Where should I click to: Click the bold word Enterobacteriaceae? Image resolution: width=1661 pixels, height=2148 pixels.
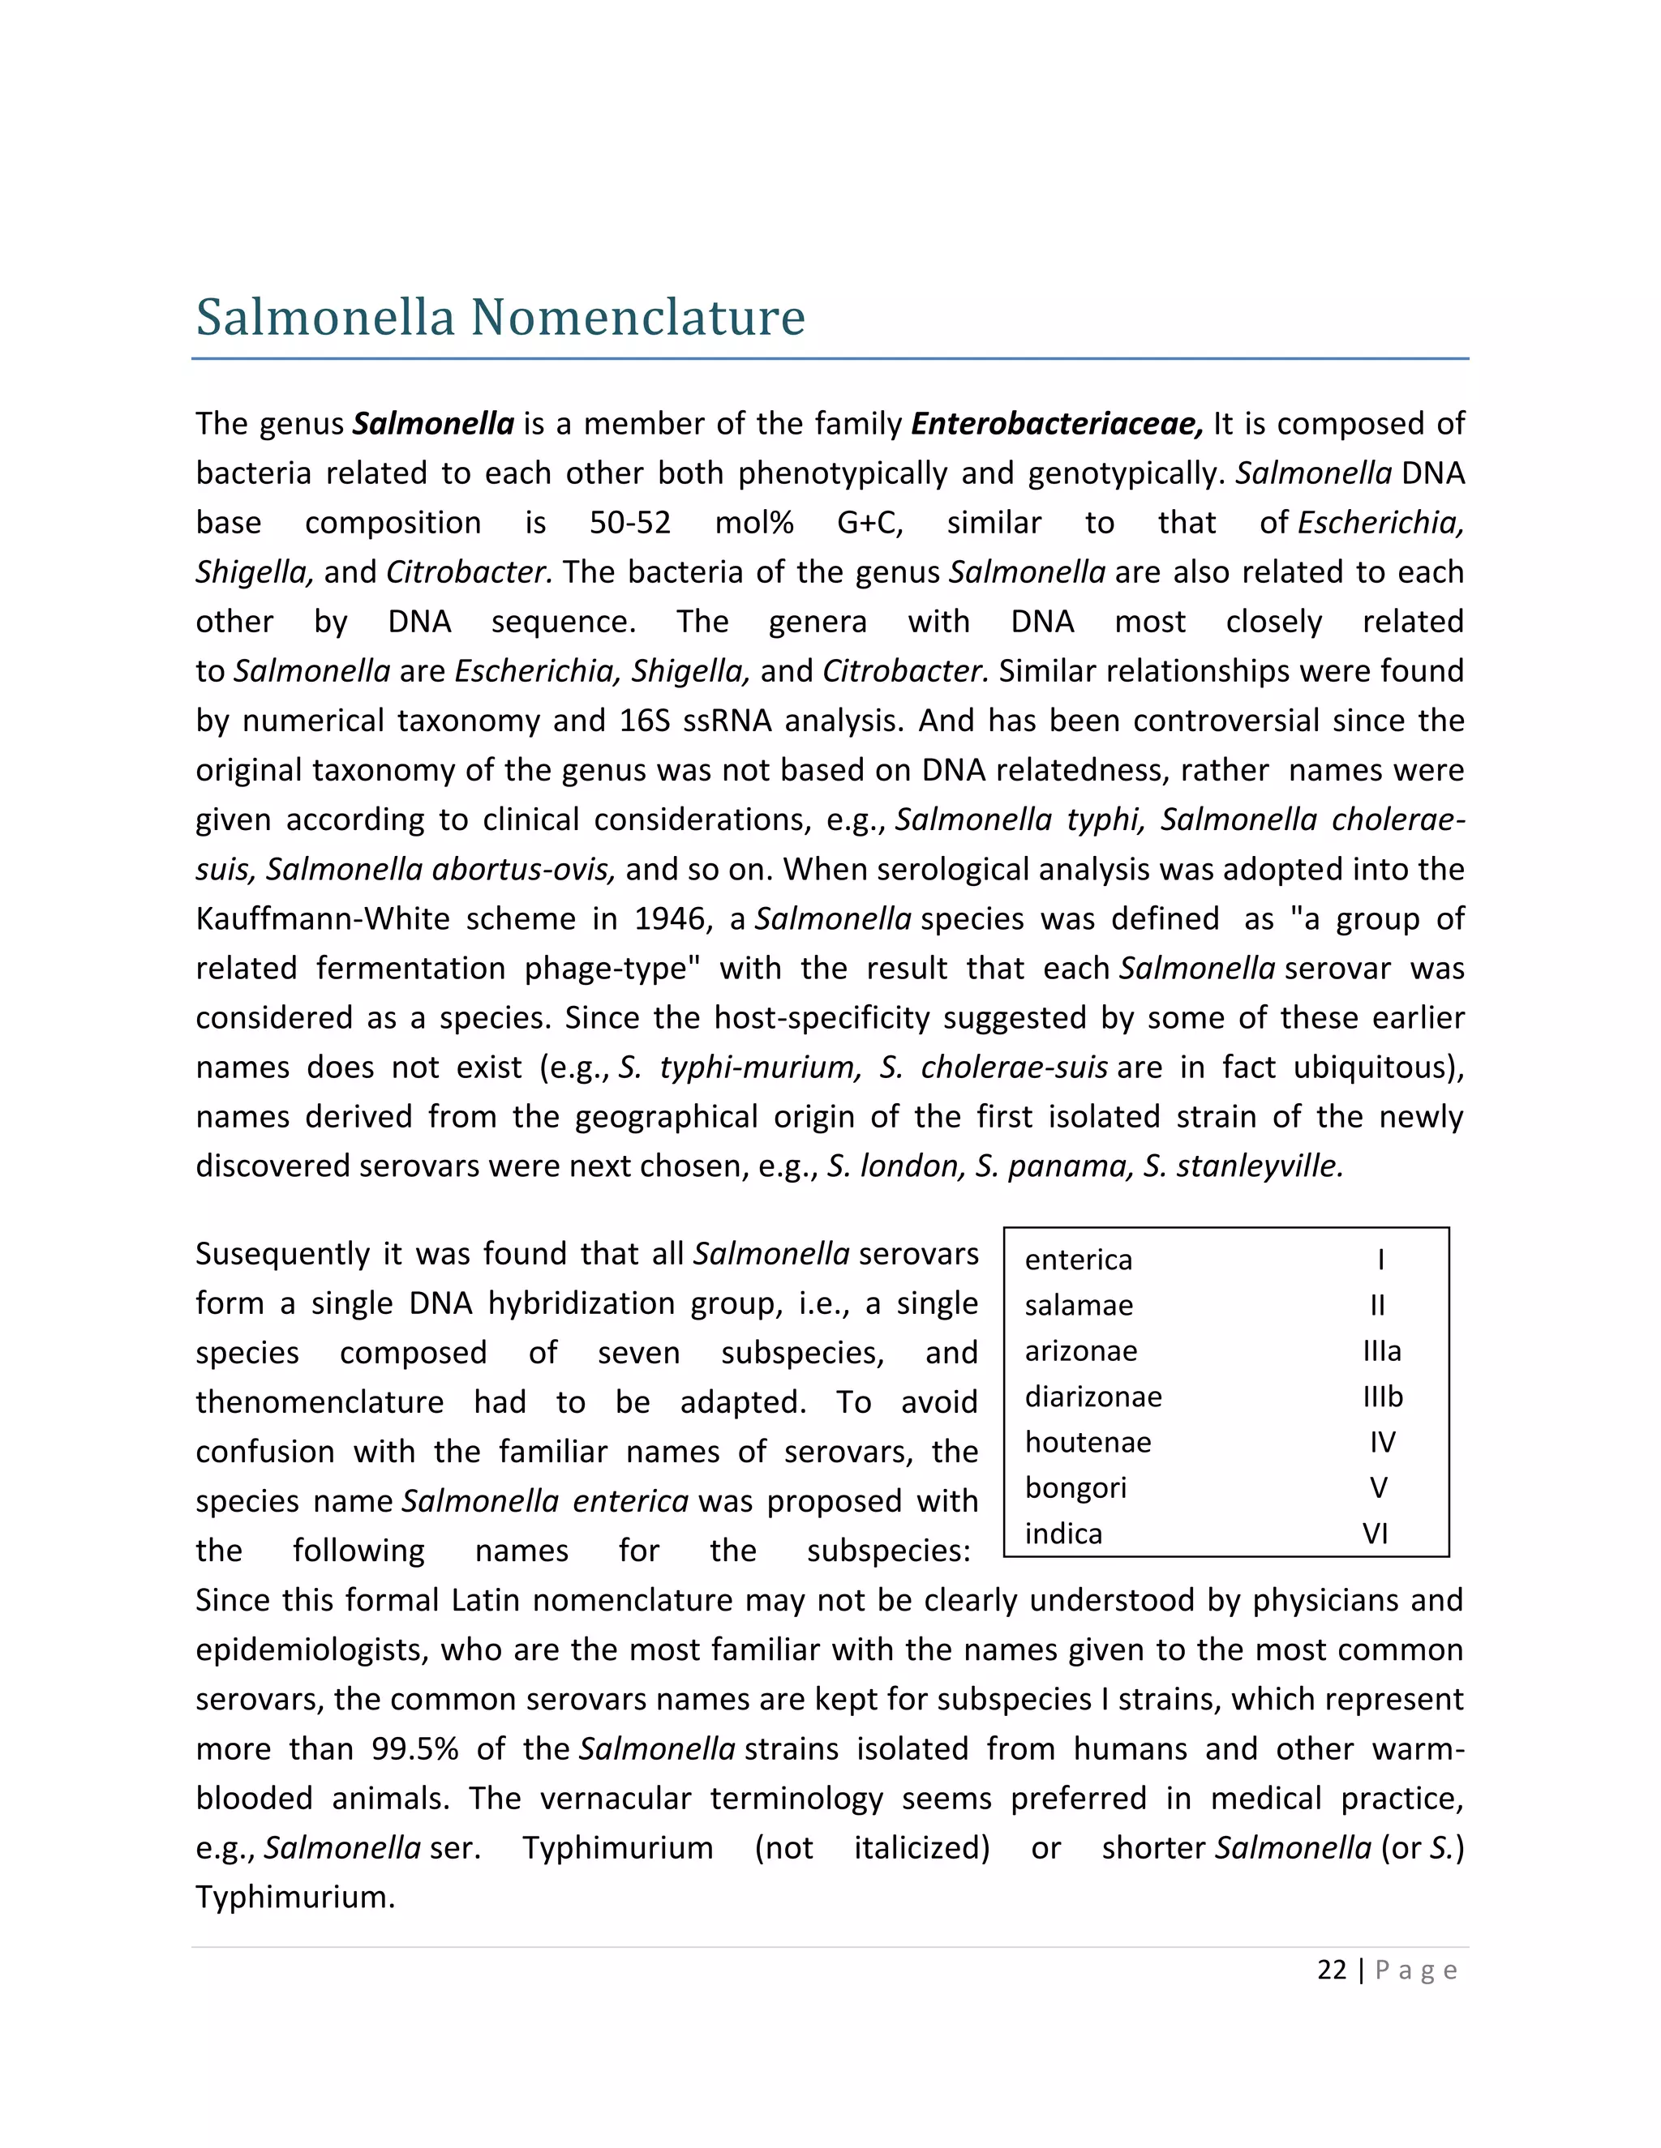[x=1056, y=424]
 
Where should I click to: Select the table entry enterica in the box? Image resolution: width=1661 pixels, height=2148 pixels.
[x=1079, y=1260]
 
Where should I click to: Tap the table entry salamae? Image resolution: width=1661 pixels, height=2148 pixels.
[x=1079, y=1305]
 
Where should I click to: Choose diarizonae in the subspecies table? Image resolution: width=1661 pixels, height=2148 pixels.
[x=1092, y=1397]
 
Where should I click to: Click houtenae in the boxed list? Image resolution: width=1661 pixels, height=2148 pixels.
[x=1088, y=1442]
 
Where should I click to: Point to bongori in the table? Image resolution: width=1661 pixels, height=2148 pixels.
[x=1075, y=1488]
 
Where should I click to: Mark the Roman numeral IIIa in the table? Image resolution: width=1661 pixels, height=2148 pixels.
[x=1381, y=1351]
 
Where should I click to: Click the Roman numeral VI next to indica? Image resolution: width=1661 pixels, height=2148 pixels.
[x=1376, y=1534]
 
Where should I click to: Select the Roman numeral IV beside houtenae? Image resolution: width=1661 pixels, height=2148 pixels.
[x=1381, y=1442]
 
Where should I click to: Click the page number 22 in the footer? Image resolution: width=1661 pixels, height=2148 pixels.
[x=1332, y=1970]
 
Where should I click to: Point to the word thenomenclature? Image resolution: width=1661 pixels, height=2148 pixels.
[x=319, y=1402]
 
